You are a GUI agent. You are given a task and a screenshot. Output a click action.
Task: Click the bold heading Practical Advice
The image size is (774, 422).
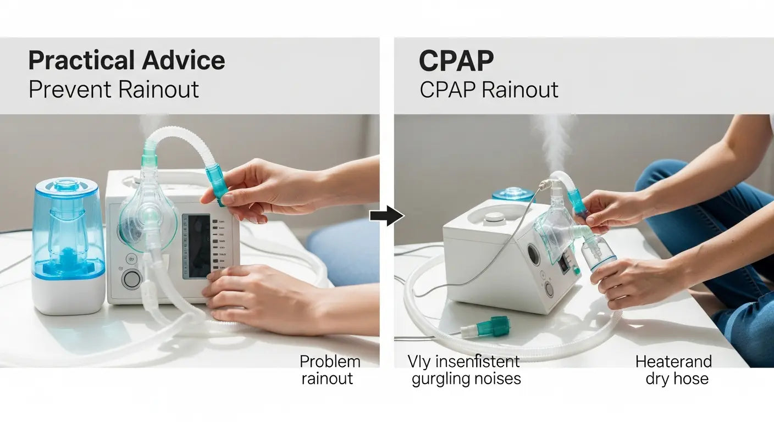coord(126,60)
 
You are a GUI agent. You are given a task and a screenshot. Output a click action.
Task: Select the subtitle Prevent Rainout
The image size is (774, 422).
coord(113,89)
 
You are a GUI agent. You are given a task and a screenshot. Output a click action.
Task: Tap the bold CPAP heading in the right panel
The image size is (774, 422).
coord(456,62)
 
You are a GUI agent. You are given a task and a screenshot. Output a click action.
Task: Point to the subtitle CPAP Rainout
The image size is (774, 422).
coord(489,90)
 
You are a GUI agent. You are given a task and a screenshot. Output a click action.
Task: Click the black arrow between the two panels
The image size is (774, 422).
coord(386,215)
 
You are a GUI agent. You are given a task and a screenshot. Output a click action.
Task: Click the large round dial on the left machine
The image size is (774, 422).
coord(131,279)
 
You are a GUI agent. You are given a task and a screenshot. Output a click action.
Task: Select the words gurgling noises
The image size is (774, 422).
coord(466,379)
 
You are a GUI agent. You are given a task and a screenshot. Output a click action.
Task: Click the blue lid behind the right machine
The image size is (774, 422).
coord(513,194)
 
